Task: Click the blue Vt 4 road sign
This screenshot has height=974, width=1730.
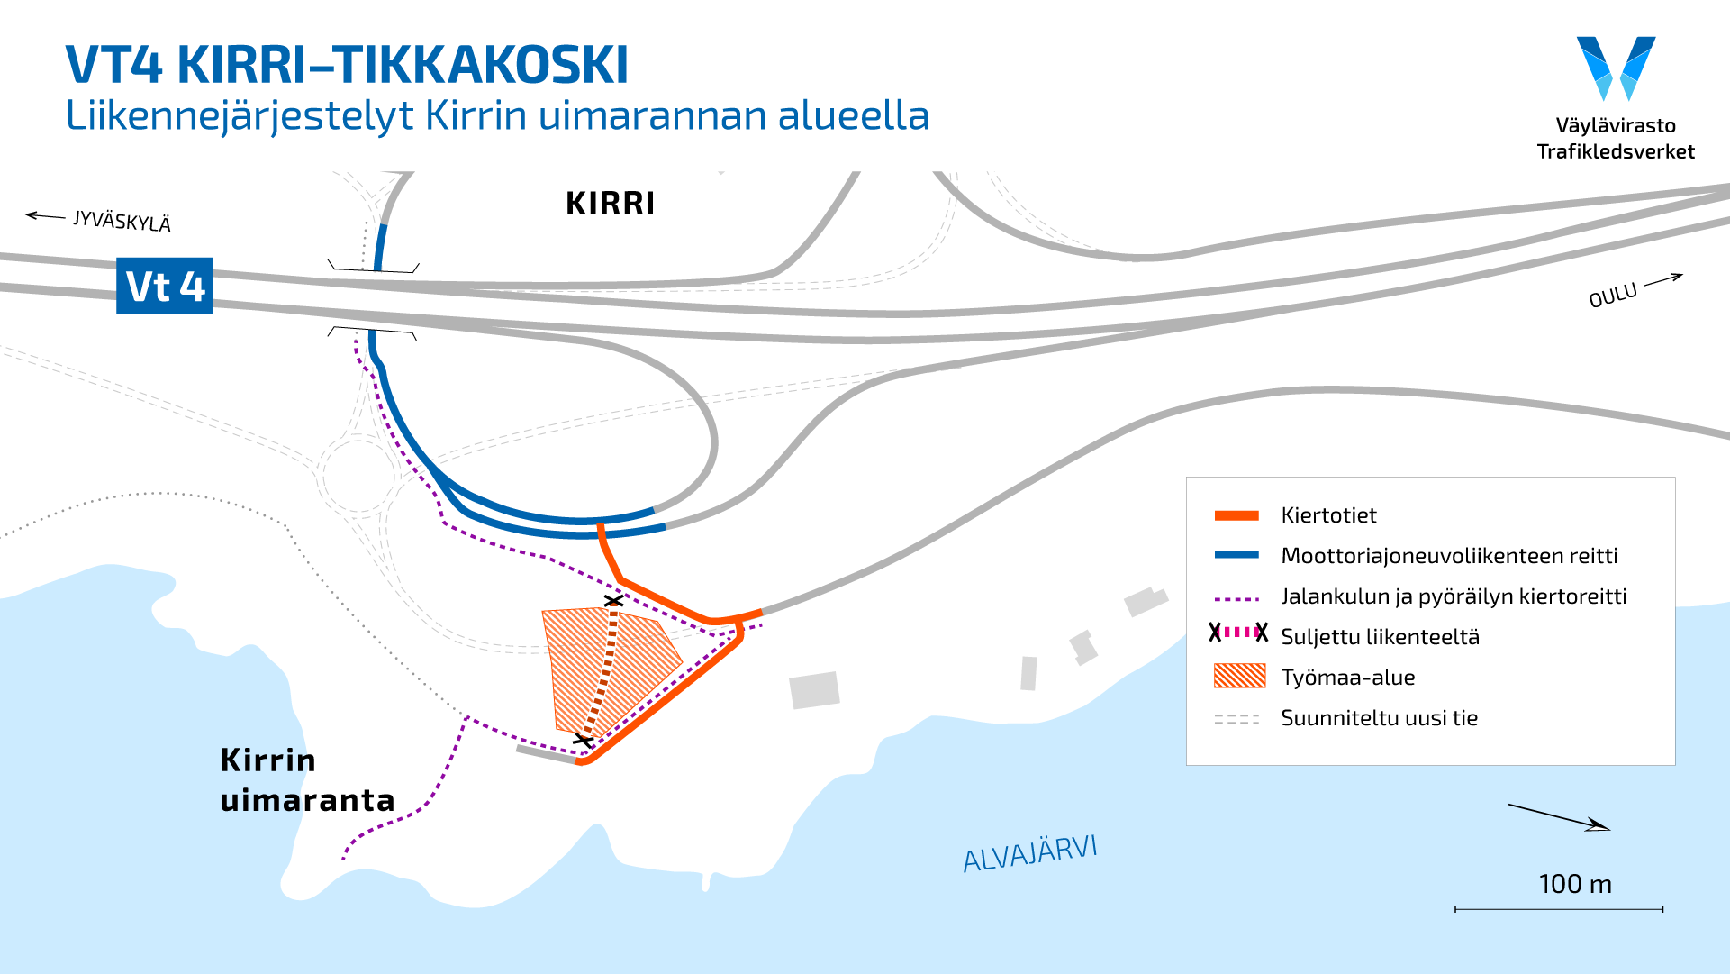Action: [x=165, y=286]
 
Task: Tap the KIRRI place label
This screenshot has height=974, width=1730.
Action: [x=610, y=204]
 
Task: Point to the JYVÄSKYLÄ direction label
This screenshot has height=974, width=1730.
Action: [x=122, y=221]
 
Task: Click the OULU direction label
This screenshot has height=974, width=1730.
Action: [x=1612, y=295]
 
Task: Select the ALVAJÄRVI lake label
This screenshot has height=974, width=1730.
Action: [x=1029, y=852]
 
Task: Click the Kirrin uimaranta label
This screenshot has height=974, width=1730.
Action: [x=306, y=780]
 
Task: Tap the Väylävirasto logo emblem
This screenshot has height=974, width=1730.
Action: [x=1616, y=68]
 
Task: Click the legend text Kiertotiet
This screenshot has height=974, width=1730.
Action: [x=1328, y=515]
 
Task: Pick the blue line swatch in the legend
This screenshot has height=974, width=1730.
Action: [x=1236, y=555]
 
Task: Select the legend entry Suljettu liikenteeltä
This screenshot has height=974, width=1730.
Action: [x=1380, y=637]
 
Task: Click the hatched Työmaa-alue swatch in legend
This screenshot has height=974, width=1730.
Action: [x=1239, y=676]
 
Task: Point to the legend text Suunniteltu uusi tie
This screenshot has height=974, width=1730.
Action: [x=1379, y=718]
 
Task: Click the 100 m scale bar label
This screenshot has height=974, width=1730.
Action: [x=1575, y=884]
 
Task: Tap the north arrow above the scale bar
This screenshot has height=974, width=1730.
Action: [x=1559, y=816]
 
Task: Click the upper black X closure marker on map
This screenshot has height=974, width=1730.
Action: [x=613, y=600]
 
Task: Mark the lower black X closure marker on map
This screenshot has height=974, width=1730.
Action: [x=584, y=741]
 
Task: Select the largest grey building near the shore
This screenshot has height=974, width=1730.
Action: [x=814, y=690]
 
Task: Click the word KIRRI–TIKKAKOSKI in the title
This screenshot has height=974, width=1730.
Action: [x=403, y=64]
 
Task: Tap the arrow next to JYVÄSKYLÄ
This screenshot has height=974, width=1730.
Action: [x=45, y=216]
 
